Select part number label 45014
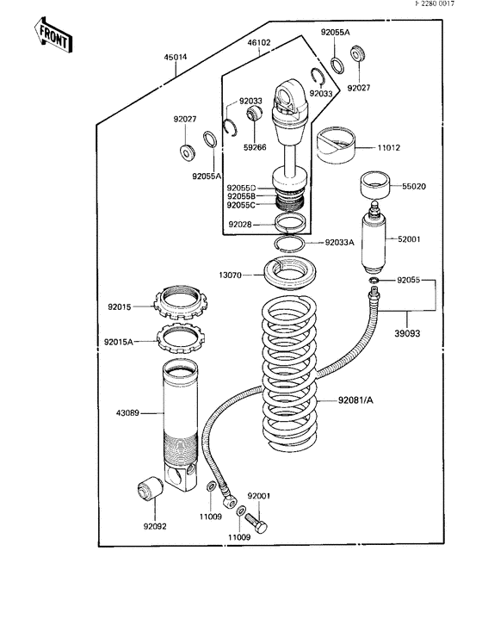click(176, 58)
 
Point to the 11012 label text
click(390, 147)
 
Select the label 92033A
click(340, 243)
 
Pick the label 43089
click(140, 412)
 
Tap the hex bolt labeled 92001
click(255, 523)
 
